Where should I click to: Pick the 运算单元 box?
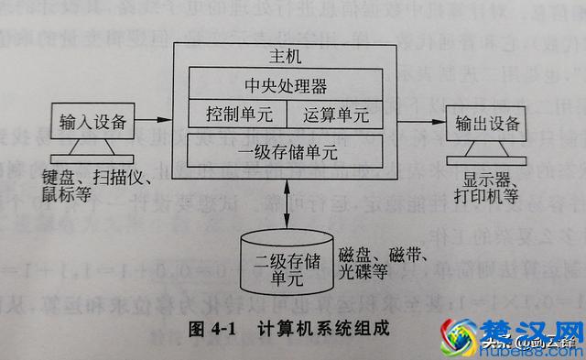[336, 115]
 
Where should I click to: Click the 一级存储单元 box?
[287, 148]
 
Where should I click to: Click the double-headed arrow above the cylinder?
[287, 202]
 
